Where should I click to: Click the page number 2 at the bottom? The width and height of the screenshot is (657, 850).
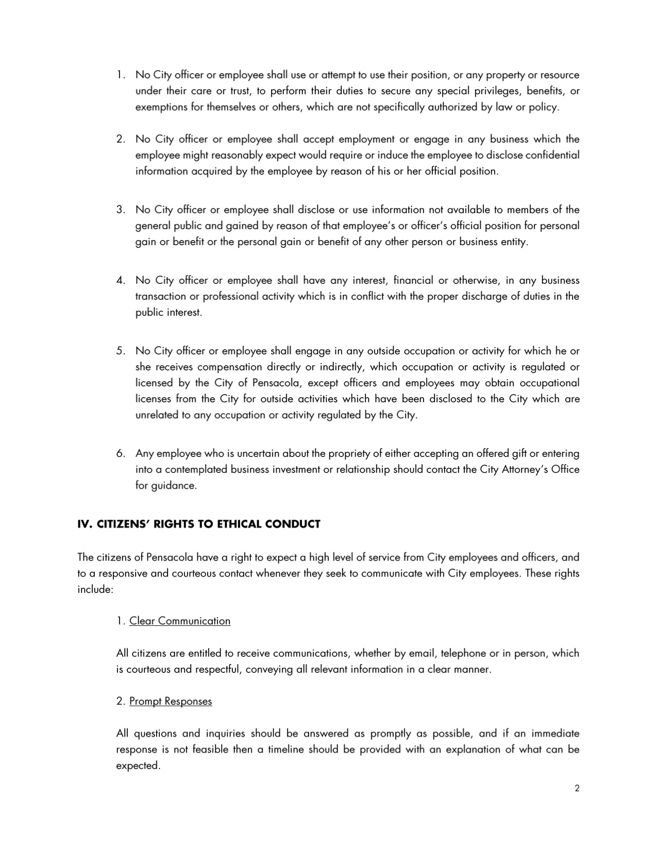click(x=577, y=788)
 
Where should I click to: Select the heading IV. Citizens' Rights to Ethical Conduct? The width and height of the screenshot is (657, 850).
click(x=199, y=524)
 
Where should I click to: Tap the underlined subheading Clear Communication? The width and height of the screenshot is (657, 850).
click(x=180, y=621)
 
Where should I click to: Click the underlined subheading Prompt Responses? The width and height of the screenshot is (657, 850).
click(x=171, y=701)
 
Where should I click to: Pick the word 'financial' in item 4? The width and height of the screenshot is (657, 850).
click(x=413, y=280)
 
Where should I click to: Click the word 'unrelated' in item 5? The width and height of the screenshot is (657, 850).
click(x=157, y=415)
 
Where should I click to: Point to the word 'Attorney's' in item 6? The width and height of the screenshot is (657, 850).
click(x=524, y=470)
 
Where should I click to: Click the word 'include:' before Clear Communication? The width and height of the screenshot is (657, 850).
click(x=95, y=589)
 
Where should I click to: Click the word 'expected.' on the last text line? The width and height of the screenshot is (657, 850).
click(x=138, y=766)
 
